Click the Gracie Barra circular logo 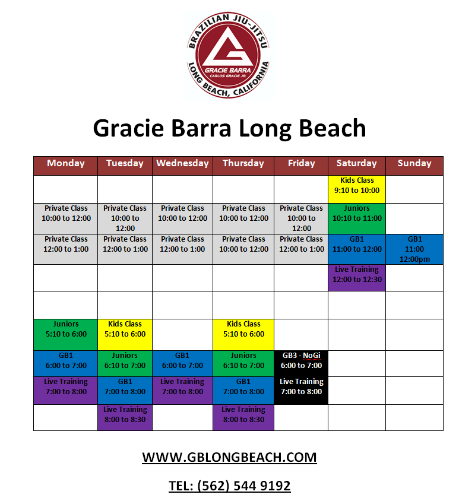click(229, 55)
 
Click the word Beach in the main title click(333, 128)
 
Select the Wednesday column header click(182, 166)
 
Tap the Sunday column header click(414, 166)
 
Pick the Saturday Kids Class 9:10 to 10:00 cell click(357, 189)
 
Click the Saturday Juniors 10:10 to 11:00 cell click(357, 218)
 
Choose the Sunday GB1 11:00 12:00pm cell click(414, 249)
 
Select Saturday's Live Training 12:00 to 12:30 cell click(357, 278)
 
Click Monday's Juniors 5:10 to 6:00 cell click(66, 335)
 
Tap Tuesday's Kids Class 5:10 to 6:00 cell click(125, 335)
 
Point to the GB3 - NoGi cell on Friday click(301, 363)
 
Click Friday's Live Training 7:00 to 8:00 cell click(301, 391)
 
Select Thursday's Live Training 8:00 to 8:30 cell click(243, 417)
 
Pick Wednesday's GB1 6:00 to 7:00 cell click(182, 363)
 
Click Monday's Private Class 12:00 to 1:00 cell click(66, 249)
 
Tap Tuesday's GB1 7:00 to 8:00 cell click(125, 391)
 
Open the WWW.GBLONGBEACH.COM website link click(229, 457)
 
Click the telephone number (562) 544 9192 click(244, 486)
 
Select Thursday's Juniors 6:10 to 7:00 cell click(243, 363)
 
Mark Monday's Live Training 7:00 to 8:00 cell click(66, 391)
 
